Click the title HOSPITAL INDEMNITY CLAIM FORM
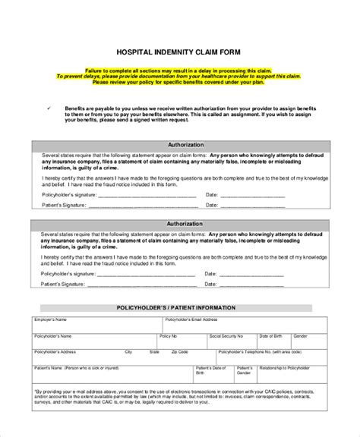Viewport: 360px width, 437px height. coord(179,52)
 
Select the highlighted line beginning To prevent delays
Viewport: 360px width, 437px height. coord(179,75)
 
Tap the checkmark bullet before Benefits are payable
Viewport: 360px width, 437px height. coord(48,108)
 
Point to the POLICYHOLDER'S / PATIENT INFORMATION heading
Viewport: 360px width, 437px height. coord(179,287)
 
